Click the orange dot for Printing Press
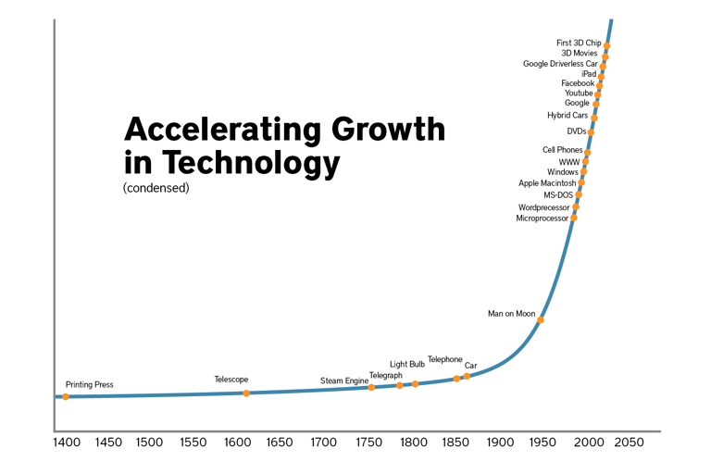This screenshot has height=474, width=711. tap(66, 397)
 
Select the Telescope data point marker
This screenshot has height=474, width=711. tap(246, 393)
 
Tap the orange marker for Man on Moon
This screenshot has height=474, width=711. tap(541, 320)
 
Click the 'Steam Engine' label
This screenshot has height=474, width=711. tap(344, 381)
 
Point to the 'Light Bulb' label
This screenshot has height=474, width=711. tap(407, 365)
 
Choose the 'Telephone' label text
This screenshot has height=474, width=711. tap(444, 359)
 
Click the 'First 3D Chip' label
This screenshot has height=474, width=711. tap(579, 43)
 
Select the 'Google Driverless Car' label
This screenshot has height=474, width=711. tap(560, 64)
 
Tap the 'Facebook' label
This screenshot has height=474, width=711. tap(578, 83)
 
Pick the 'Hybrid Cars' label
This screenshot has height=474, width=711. tap(568, 116)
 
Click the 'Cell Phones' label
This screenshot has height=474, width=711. tap(563, 150)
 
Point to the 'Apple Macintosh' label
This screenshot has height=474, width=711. tap(547, 183)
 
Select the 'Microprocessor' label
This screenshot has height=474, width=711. tap(543, 218)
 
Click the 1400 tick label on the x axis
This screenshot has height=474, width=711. tap(66, 443)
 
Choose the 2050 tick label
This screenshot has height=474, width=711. tap(629, 443)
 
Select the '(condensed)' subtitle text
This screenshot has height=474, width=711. tap(156, 188)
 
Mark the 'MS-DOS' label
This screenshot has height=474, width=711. tap(558, 195)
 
